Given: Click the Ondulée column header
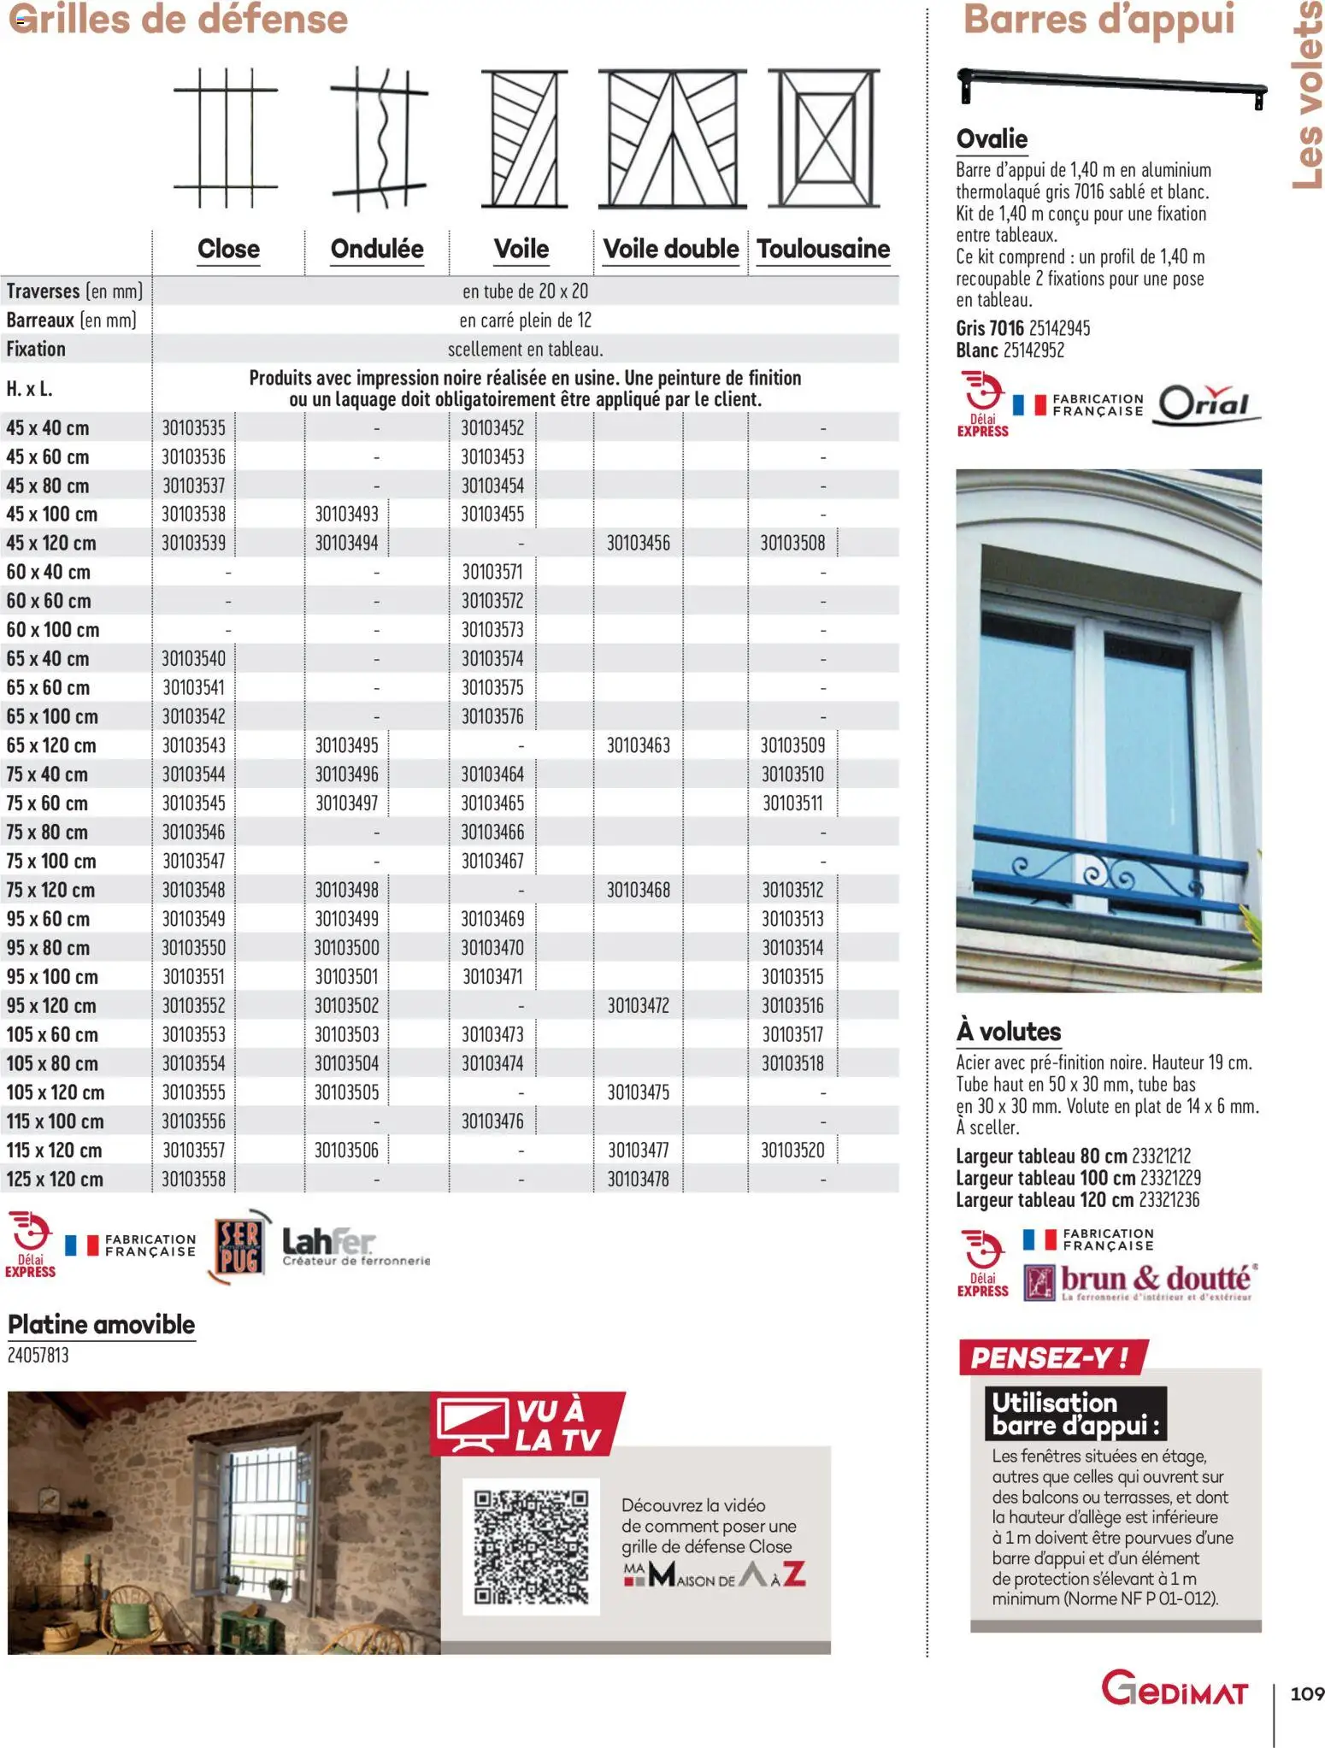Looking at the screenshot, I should (x=377, y=249).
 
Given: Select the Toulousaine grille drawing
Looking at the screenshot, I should (x=823, y=138).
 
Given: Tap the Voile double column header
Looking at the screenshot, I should (x=671, y=249).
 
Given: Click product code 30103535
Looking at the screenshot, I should (x=194, y=427).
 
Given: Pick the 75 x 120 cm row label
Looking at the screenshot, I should (x=50, y=890).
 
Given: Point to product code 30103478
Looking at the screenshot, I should (x=639, y=1179).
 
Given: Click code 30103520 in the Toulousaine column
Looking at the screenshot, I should (x=793, y=1150).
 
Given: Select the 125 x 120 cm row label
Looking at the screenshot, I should (x=55, y=1179).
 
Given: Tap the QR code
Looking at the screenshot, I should (x=531, y=1546).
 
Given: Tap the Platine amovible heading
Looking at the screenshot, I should (x=102, y=1324).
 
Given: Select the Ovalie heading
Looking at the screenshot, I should (x=992, y=138).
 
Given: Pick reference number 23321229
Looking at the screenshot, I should (x=1170, y=1178).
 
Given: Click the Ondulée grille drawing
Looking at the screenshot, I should (x=379, y=138).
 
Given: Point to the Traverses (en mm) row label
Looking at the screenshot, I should (x=74, y=291).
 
